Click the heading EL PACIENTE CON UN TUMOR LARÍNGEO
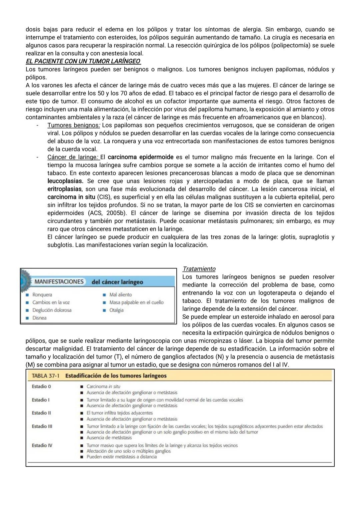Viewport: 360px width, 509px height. tap(83, 61)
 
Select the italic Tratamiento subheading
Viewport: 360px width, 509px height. tap(199, 269)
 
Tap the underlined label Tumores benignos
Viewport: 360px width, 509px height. tap(73, 125)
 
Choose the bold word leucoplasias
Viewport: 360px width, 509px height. tap(65, 181)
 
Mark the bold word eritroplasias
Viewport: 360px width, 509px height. tap(64, 189)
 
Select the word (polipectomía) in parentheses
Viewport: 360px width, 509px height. tap(291, 45)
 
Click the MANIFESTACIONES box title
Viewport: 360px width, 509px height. tap(59, 282)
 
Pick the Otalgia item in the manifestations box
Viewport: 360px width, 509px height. tap(116, 310)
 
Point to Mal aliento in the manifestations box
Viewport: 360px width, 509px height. tap(120, 295)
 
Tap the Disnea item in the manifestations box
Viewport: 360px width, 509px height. tap(39, 318)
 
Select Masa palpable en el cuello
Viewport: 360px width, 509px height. tap(136, 303)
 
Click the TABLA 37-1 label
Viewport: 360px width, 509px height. tap(45, 376)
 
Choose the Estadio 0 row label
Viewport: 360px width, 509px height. tap(41, 387)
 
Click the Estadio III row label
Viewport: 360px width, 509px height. tap(42, 426)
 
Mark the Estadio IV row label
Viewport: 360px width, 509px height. tap(42, 445)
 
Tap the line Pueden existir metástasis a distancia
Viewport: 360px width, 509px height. tap(121, 457)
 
